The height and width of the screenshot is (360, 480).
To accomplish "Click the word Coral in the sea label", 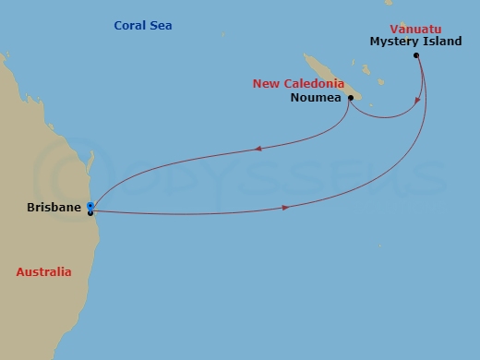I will coord(130,25).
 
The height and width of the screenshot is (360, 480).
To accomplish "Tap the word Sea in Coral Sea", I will coord(161,25).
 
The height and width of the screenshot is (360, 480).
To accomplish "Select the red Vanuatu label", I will coord(415,29).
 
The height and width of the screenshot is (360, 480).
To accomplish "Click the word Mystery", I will coord(394,42).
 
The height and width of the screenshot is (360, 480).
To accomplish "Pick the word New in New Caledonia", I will coord(266,84).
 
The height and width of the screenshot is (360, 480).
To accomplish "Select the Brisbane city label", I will coord(54,208).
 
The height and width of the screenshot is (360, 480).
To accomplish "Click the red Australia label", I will coord(43,272).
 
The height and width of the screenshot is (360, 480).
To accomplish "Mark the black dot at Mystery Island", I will coord(417,55).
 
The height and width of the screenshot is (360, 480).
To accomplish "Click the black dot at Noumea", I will coord(351,97).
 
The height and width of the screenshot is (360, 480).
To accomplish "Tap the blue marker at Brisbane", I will coord(90,205).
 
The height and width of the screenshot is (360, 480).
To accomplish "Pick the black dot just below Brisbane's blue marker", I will coord(90,213).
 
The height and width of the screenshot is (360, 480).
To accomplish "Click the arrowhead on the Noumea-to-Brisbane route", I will coord(258,148).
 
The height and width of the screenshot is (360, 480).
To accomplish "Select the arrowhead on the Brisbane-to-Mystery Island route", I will coord(285,208).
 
